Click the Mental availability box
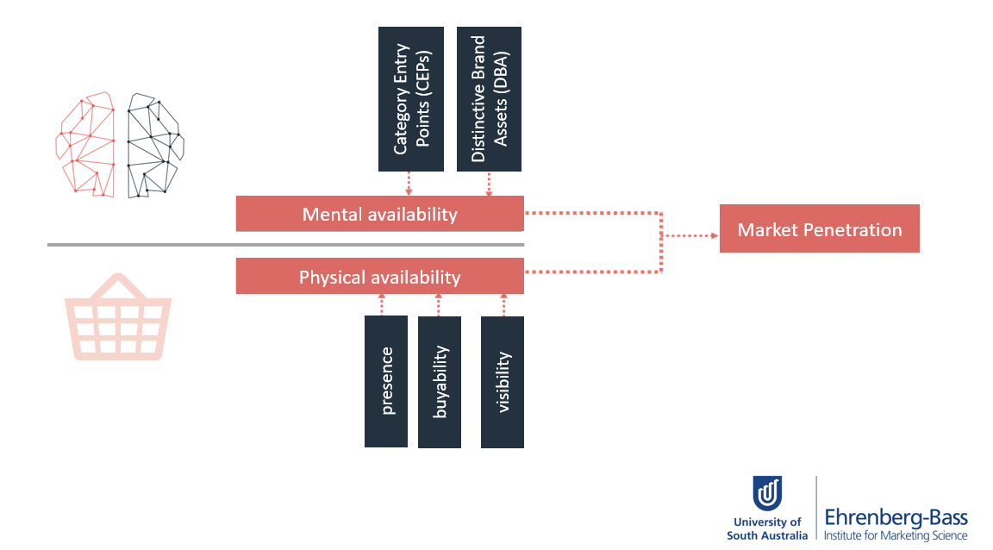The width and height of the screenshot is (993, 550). tap(380, 214)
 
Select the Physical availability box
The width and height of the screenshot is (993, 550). tap(380, 276)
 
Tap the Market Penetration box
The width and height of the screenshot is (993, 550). tap(820, 228)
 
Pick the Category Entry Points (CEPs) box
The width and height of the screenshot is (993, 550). tap(411, 99)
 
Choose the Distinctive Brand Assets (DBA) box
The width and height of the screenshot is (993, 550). tap(489, 99)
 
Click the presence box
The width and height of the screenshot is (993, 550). tap(386, 381)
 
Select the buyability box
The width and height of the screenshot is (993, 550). tap(440, 382)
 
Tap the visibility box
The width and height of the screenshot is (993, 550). tap(503, 382)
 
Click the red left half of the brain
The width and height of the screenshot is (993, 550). tap(85, 145)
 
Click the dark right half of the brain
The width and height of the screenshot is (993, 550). tap(155, 146)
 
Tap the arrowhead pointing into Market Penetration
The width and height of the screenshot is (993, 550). tap(715, 235)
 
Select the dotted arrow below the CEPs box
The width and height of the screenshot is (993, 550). tap(409, 184)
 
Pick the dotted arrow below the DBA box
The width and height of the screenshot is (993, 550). tap(489, 184)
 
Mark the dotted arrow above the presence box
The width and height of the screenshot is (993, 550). tap(382, 305)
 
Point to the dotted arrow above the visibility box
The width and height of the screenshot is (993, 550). tap(504, 305)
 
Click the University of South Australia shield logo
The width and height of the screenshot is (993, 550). tap(767, 494)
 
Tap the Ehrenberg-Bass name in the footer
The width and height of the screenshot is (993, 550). tap(896, 518)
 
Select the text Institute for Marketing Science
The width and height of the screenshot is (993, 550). tap(896, 535)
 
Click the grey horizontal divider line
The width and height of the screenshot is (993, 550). tap(285, 245)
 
